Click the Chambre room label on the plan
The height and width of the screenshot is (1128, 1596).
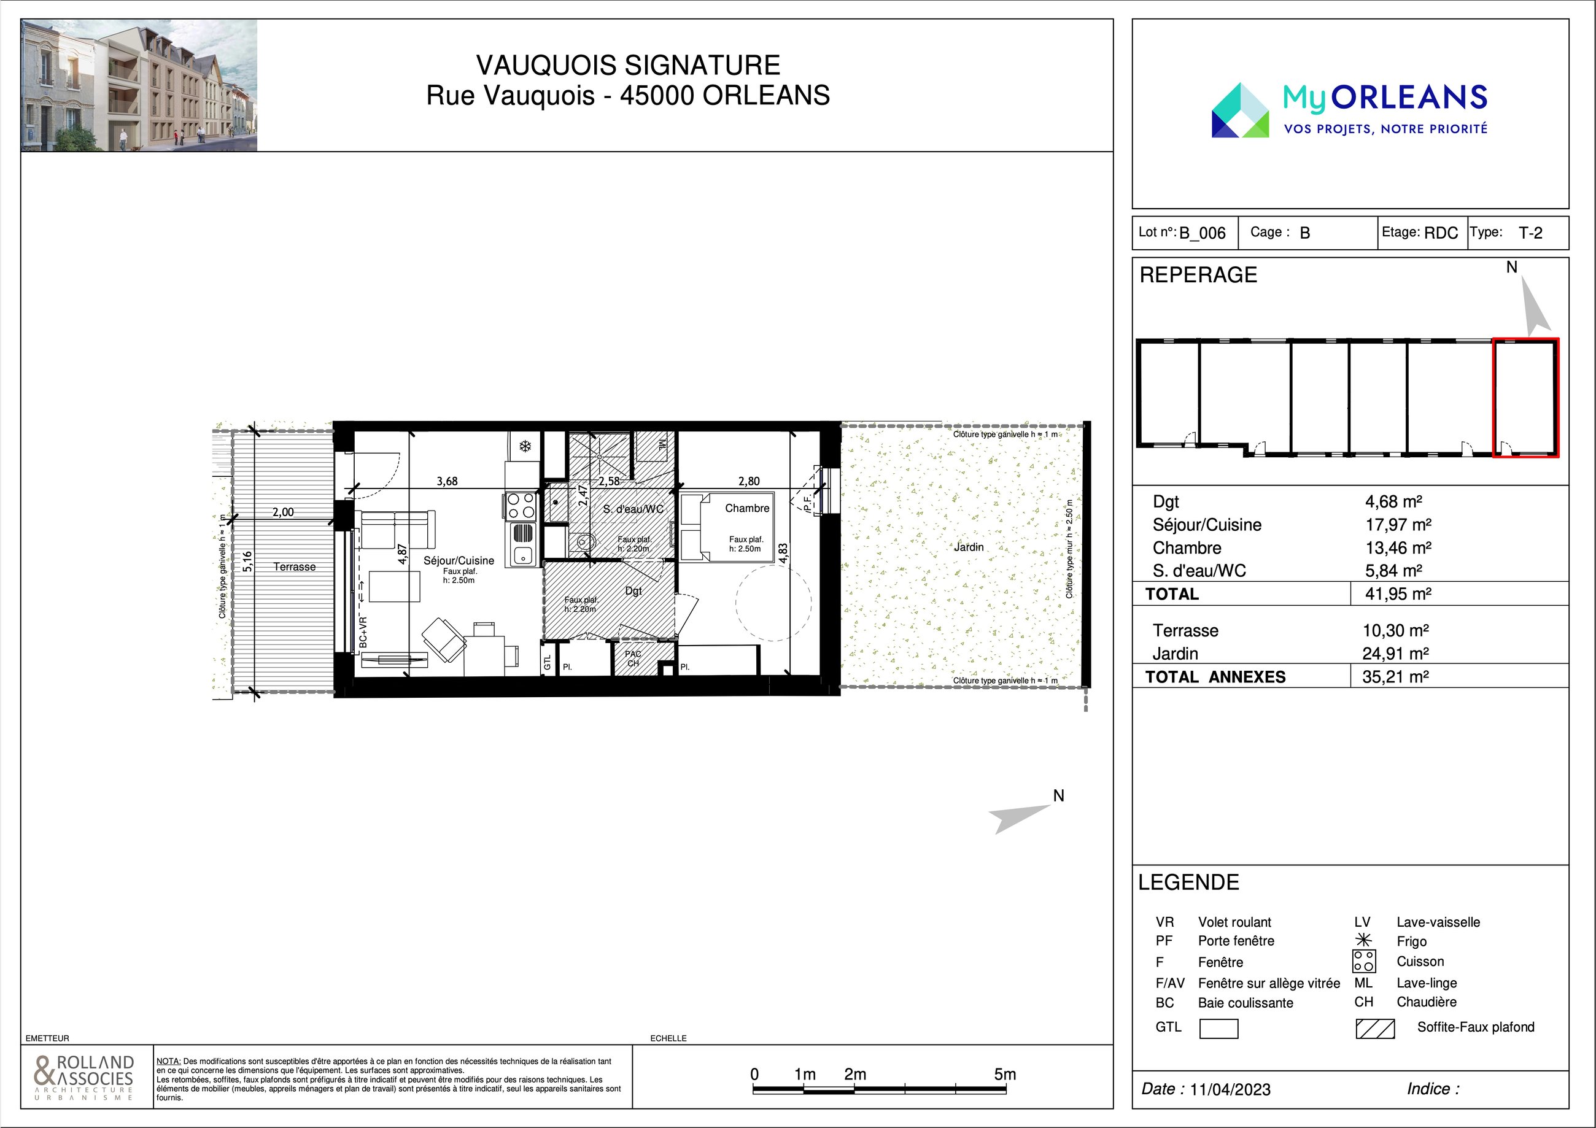[x=746, y=508]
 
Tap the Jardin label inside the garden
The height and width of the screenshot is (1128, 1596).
[x=968, y=547]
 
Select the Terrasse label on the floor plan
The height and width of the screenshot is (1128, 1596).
[x=294, y=566]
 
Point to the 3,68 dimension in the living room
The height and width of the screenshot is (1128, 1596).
[x=447, y=481]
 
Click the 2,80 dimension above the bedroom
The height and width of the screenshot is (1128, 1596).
[x=749, y=481]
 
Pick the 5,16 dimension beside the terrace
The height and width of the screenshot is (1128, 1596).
[x=248, y=562]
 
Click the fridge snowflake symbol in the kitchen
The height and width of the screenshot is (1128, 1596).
[x=525, y=446]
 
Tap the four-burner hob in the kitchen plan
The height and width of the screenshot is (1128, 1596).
[x=521, y=506]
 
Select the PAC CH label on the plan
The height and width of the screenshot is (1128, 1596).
[x=632, y=658]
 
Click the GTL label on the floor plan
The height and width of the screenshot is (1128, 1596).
[x=547, y=663]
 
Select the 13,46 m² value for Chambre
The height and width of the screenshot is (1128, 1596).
[x=1398, y=547]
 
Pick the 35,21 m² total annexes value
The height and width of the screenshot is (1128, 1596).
[x=1395, y=676]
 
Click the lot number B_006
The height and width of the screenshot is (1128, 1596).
[x=1203, y=233]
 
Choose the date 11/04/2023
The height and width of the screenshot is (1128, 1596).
[x=1230, y=1089]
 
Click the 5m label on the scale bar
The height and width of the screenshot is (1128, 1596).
[x=1005, y=1074]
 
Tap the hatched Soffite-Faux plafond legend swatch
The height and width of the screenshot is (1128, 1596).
[x=1375, y=1029]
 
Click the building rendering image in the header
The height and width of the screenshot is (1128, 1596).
[x=139, y=85]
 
